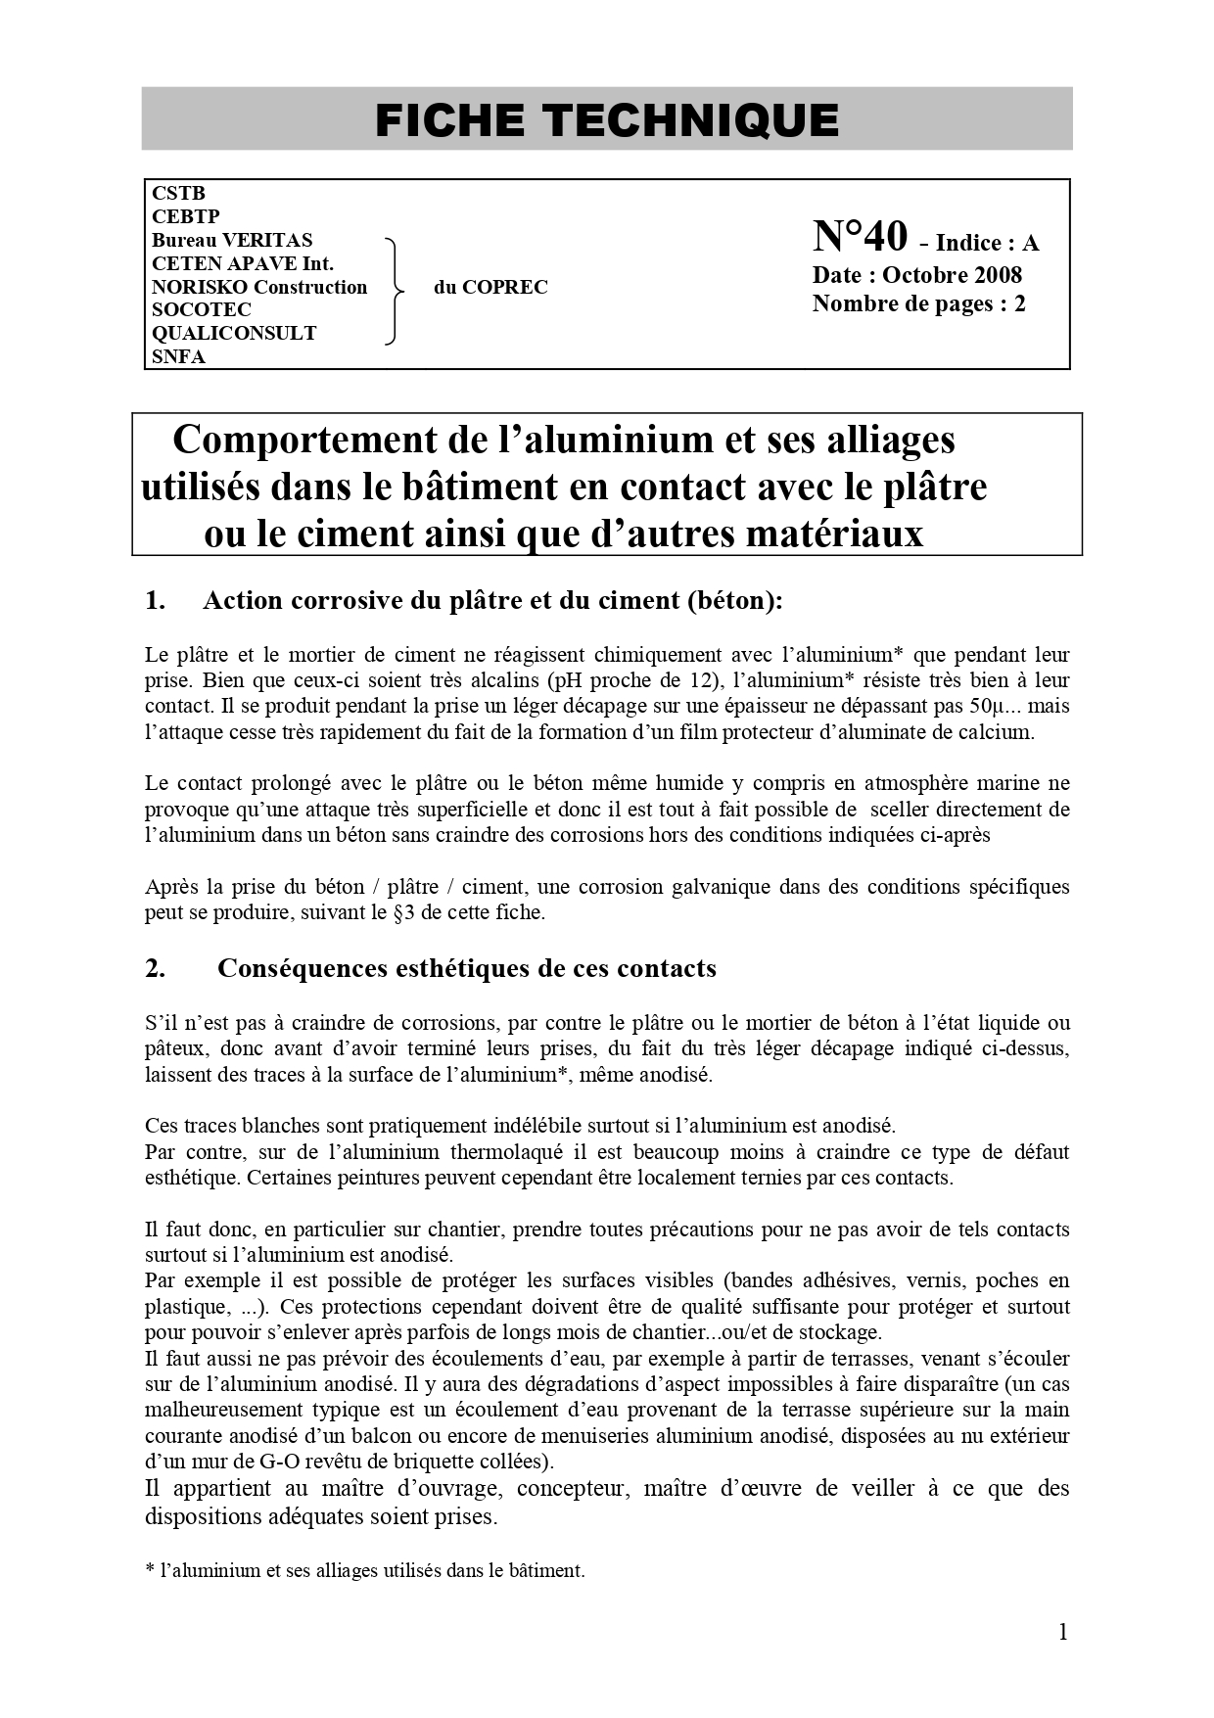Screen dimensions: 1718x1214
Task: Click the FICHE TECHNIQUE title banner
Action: (x=607, y=119)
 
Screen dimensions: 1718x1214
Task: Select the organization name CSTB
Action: (x=178, y=193)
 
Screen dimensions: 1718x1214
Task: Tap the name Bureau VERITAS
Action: (x=232, y=240)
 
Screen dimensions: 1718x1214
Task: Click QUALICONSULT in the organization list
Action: (x=234, y=333)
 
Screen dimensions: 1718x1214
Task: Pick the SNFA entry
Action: (x=178, y=356)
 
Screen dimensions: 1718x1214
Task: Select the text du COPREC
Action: (x=490, y=287)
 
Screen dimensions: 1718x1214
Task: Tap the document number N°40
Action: (x=860, y=237)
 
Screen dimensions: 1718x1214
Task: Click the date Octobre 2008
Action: (x=952, y=275)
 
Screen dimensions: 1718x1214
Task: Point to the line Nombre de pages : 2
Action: (x=918, y=303)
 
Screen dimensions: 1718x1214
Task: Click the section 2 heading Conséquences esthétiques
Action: (x=466, y=968)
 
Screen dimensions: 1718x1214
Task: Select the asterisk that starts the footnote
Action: (x=150, y=1569)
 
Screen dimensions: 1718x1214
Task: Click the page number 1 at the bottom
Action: (x=1062, y=1631)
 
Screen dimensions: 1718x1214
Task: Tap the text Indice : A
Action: (x=987, y=243)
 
